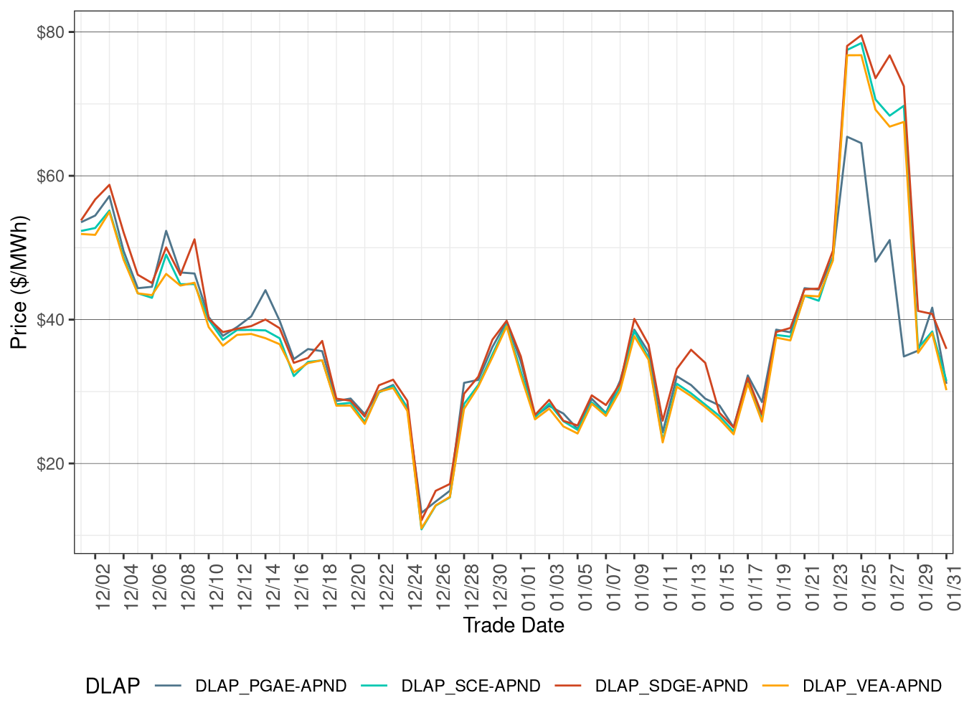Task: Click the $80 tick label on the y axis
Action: [x=50, y=32]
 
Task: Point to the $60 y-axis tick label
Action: [x=50, y=176]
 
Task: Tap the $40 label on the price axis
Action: [x=50, y=319]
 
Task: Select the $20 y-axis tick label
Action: [x=50, y=463]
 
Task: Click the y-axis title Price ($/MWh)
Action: [x=19, y=282]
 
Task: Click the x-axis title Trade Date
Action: [x=514, y=625]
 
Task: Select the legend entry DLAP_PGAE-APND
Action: [x=270, y=686]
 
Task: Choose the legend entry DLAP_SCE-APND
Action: [x=471, y=686]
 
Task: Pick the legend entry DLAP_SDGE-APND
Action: [x=671, y=686]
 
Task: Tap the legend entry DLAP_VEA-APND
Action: [x=871, y=686]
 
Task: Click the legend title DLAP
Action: [x=113, y=686]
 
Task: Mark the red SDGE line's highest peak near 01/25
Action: [x=861, y=35]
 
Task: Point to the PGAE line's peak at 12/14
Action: [x=265, y=290]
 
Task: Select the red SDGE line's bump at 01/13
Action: [x=691, y=350]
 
